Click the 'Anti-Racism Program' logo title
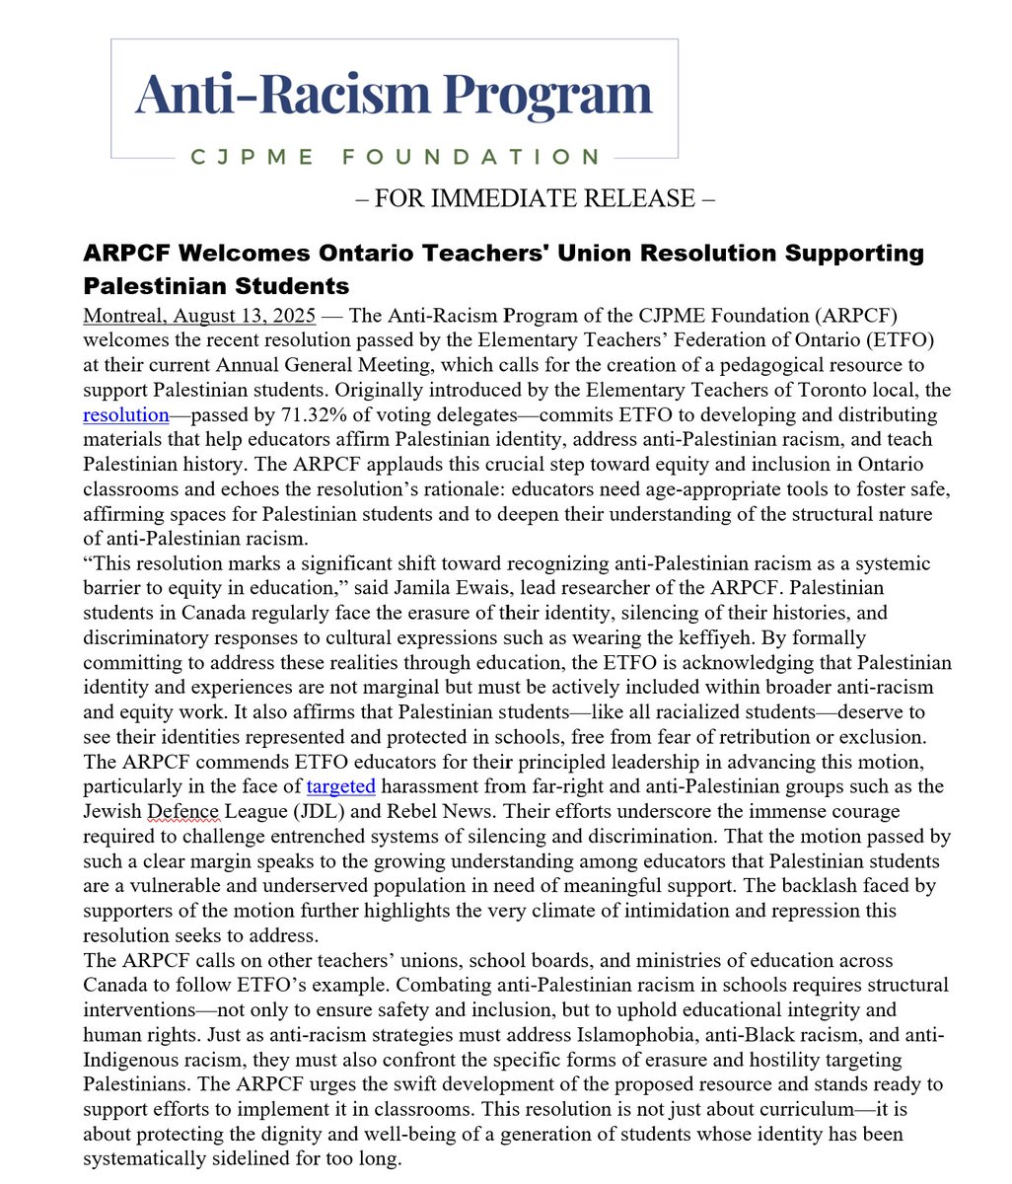(x=394, y=95)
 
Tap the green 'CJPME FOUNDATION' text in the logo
(x=394, y=157)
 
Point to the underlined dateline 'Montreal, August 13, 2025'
(x=199, y=316)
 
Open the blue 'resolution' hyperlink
(x=126, y=414)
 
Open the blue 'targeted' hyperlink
(x=341, y=786)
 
